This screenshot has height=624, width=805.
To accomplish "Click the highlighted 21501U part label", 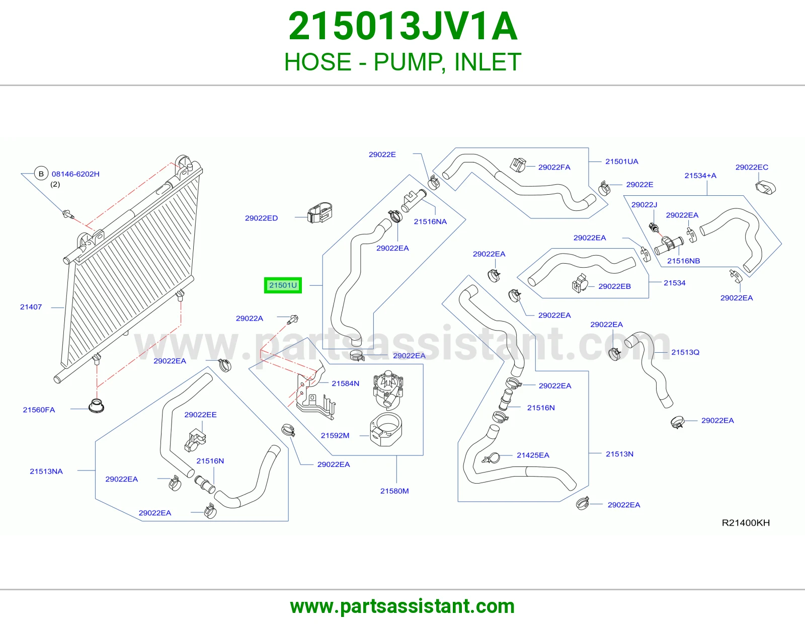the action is pos(283,285).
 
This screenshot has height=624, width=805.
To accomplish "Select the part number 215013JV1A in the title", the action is pos(403,26).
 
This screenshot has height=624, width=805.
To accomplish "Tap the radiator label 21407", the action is pos(31,307).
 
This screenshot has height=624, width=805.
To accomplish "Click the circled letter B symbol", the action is pos(41,174).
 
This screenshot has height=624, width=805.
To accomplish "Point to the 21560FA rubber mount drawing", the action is pos(96,406).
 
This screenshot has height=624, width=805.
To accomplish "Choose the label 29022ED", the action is pos(261,218).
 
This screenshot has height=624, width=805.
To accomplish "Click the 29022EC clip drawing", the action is pos(765,187).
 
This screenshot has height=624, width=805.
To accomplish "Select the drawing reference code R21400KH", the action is pos(746,523).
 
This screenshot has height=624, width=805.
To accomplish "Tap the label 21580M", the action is pos(394,491).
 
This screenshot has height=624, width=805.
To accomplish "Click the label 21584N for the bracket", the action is pos(345,383).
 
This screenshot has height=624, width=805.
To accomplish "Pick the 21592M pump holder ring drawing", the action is pos(386,429).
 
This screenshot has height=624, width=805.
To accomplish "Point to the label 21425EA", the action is pos(533,455).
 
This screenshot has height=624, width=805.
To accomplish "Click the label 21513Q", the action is pos(685,352).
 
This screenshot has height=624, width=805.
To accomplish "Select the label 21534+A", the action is pos(700,176).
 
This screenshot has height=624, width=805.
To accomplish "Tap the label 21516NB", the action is pos(683,261).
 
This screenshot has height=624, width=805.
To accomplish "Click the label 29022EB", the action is pos(615,286).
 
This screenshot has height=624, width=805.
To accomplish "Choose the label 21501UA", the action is pos(622,162).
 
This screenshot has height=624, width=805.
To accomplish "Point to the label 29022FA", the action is pos(554,167).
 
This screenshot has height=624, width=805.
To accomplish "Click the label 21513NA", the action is pos(46,472).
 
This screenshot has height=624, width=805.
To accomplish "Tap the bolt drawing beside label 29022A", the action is pos(293,319).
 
